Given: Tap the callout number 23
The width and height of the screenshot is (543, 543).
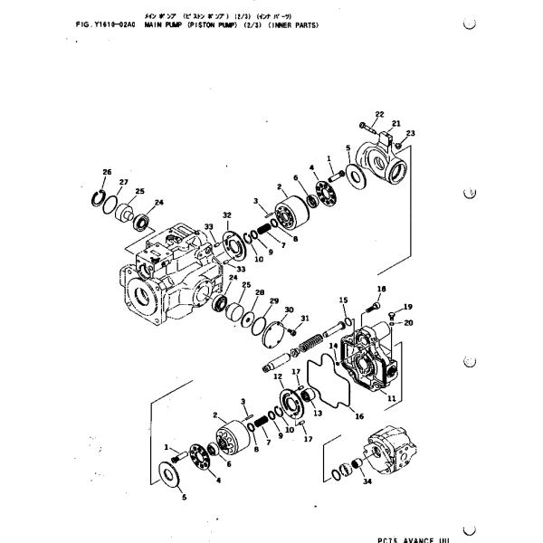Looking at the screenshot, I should pyautogui.click(x=409, y=133).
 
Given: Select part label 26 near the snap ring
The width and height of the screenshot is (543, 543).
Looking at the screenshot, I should pyautogui.click(x=106, y=172).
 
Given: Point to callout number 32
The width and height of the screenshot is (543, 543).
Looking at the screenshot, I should pyautogui.click(x=227, y=214).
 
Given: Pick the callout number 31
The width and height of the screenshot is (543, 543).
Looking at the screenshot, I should pyautogui.click(x=305, y=318).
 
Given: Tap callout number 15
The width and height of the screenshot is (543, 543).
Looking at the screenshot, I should pyautogui.click(x=343, y=299).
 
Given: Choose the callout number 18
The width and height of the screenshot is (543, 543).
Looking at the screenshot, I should pyautogui.click(x=381, y=289).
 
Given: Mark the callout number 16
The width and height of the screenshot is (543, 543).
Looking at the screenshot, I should pyautogui.click(x=358, y=417).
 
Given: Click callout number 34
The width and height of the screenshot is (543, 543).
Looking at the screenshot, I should pyautogui.click(x=366, y=482).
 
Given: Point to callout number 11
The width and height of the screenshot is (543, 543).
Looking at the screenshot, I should pyautogui.click(x=391, y=398).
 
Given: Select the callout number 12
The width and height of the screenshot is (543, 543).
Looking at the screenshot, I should pyautogui.click(x=278, y=376).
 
